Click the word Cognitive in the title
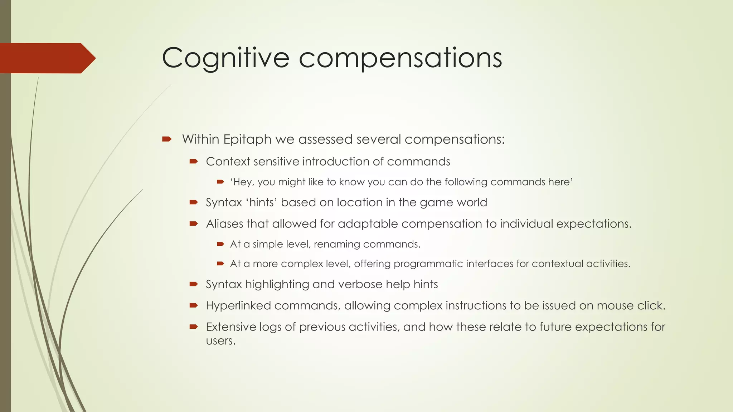click(225, 58)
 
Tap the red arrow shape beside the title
click(47, 58)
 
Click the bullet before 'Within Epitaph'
click(167, 139)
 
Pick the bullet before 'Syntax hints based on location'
click(194, 202)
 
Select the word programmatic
click(423, 264)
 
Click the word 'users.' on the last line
click(221, 341)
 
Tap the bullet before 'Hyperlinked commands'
click(194, 305)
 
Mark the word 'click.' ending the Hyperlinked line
click(651, 306)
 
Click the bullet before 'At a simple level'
click(220, 244)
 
